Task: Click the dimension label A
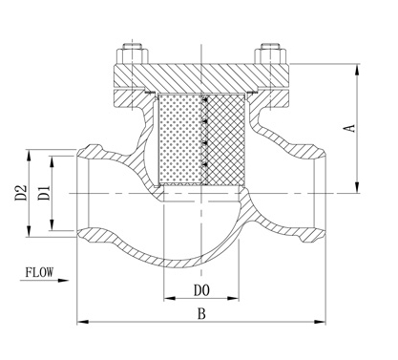pyautogui.click(x=349, y=128)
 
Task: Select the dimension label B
pyautogui.click(x=201, y=313)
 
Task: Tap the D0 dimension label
pyautogui.click(x=201, y=290)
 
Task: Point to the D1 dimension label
pyautogui.click(x=45, y=193)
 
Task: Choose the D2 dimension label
pyautogui.click(x=21, y=193)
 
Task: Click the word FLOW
pyautogui.click(x=39, y=272)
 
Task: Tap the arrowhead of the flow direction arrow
pyautogui.click(x=63, y=281)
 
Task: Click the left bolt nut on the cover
pyautogui.click(x=132, y=56)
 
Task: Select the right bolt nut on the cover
pyautogui.click(x=270, y=56)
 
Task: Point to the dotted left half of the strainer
pyautogui.click(x=180, y=139)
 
